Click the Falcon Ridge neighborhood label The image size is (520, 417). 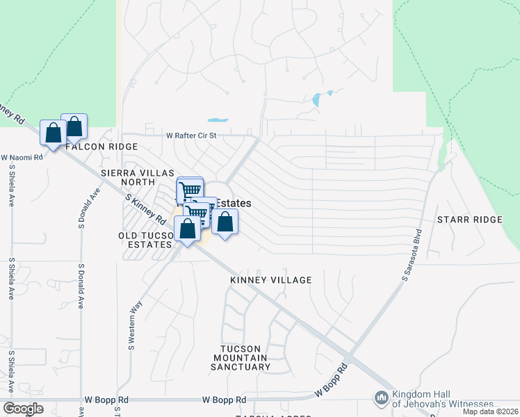101,147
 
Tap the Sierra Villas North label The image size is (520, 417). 128,177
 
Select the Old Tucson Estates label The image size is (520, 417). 145,240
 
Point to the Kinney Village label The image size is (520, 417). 271,280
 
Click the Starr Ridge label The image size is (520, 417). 469,220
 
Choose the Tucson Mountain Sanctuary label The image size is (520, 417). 241,358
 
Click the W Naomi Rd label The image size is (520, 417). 22,158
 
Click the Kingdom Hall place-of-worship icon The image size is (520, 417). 381,398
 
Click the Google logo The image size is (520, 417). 24,409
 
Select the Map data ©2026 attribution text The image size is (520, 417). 490,411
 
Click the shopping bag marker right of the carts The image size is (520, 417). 225,222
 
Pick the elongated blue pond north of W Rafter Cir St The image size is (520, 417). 218,119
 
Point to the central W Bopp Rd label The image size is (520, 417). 224,400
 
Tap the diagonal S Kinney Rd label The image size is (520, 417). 145,209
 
